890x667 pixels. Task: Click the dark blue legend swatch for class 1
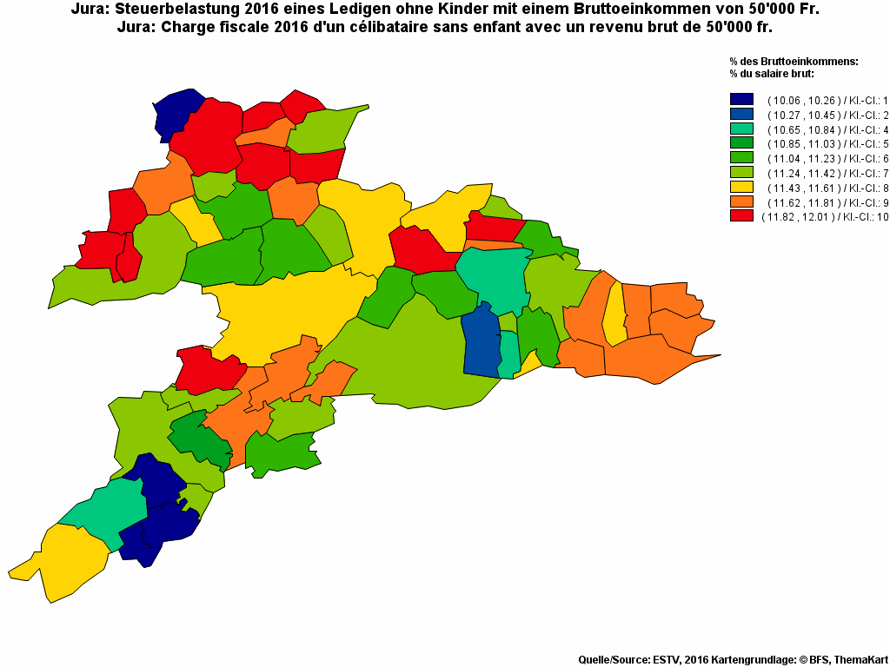pyautogui.click(x=741, y=99)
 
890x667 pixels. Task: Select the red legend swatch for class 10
pyautogui.click(x=741, y=216)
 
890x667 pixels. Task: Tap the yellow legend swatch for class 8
pyautogui.click(x=741, y=187)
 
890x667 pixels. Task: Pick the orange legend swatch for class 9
pyautogui.click(x=741, y=201)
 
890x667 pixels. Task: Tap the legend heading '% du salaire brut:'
pyautogui.click(x=772, y=73)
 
